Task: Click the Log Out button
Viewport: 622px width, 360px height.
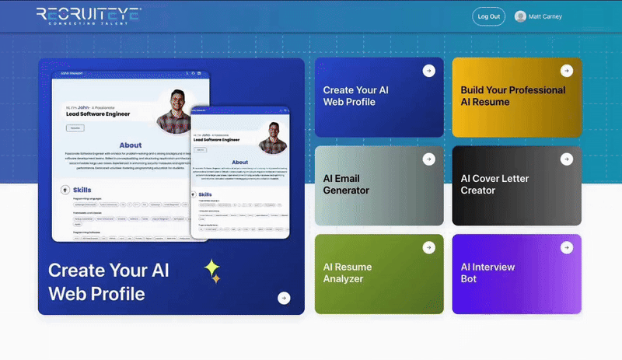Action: pos(488,16)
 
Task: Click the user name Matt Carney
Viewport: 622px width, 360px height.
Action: pos(544,16)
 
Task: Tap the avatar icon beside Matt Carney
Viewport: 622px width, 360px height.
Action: pos(520,16)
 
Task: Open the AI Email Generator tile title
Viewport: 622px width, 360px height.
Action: pos(346,184)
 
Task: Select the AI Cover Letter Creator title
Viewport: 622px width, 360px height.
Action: pos(494,184)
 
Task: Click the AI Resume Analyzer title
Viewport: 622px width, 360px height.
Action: pos(348,272)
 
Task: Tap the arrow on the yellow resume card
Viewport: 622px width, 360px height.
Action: pos(566,71)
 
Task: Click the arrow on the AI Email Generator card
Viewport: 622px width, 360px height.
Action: pos(428,159)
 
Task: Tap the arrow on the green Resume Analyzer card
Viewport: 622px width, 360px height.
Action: pos(428,247)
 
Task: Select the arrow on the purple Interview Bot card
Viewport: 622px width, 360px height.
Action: pos(566,247)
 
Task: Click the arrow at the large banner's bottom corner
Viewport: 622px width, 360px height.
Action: pos(284,298)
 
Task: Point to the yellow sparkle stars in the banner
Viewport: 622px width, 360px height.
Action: pos(212,271)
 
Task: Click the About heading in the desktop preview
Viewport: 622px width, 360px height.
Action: pos(131,145)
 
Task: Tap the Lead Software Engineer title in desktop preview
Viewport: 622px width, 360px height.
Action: pos(97,114)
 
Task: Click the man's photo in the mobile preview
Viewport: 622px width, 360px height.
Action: pos(270,136)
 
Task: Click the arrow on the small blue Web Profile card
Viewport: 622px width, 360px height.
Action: pos(428,71)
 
